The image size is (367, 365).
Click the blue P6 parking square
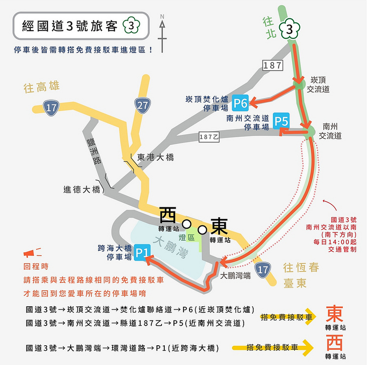[240, 104]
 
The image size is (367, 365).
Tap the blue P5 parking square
[281, 121]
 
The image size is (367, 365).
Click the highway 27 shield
[143, 105]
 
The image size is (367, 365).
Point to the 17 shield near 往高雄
[50, 108]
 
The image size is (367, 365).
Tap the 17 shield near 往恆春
[262, 270]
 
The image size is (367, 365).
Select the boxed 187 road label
[272, 65]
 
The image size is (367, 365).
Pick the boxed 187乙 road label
[209, 136]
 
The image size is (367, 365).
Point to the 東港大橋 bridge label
[156, 157]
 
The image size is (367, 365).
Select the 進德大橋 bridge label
[82, 189]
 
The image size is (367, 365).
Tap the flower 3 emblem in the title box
[132, 26]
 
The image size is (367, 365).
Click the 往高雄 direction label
[42, 87]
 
